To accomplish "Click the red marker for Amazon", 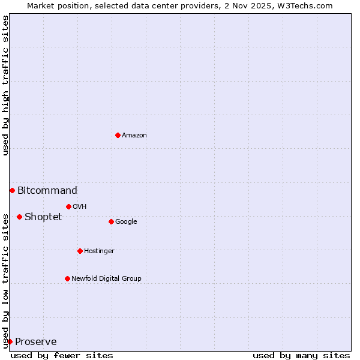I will pos(118,135).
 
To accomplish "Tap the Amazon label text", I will pos(134,136).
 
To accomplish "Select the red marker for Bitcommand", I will pos(12,190).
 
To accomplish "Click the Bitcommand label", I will pos(47,191).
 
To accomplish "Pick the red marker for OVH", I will pos(68,206).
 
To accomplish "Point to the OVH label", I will pos(80,207).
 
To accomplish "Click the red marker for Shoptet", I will pos(19,217).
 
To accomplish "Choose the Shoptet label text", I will pos(43,217).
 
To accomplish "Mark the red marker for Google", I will pos(111,221).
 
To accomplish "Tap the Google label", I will pos(126,222).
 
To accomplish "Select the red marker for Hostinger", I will pos(80,251).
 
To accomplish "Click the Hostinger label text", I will pos(99,251).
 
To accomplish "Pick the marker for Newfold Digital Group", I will pos(67,278).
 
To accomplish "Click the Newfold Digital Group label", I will pos(106,279).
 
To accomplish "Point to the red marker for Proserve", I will pos(10,341).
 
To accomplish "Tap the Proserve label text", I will pos(36,342).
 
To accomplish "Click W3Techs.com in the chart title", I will pos(307,5).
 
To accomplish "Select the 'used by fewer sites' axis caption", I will pos(62,355).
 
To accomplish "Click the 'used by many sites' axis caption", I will pos(301,355).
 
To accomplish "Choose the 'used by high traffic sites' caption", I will pos(5,85).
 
